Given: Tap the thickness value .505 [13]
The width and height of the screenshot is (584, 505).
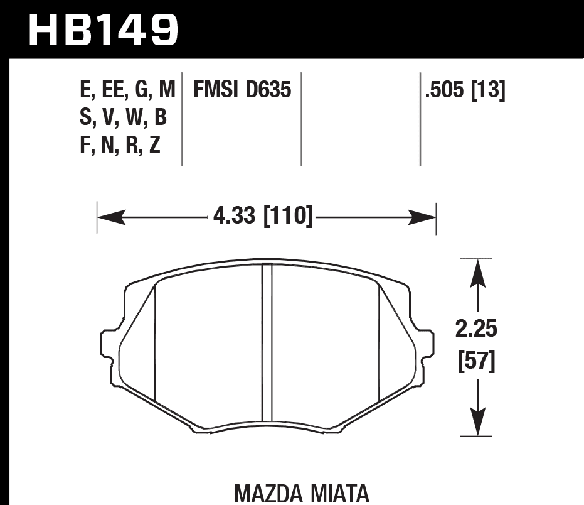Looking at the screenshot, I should point(465,91).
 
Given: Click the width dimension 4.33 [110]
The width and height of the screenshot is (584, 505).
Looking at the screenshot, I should point(263,217).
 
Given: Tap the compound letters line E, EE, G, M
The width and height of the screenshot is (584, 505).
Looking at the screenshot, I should point(127,91).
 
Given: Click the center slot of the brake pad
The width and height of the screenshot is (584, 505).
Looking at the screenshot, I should point(267,342).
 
